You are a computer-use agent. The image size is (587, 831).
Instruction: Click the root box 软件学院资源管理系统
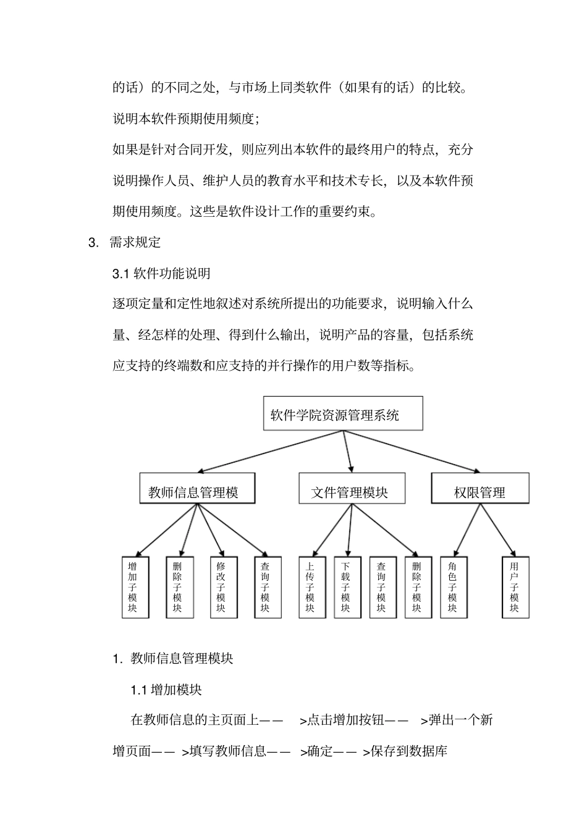(x=343, y=414)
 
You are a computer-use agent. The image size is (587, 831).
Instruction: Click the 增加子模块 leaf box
(x=132, y=587)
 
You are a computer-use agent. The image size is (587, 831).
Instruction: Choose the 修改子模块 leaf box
(x=221, y=587)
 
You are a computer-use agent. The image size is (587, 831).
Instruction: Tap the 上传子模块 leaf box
(x=310, y=587)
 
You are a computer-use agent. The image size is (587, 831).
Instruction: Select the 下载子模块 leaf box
(x=345, y=587)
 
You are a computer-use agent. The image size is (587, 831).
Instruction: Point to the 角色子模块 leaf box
(x=452, y=587)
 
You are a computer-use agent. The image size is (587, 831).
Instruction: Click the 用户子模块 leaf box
(x=514, y=587)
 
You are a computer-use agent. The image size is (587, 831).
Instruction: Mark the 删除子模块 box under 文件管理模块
(x=416, y=587)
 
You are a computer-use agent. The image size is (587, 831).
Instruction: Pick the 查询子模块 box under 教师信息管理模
(x=265, y=587)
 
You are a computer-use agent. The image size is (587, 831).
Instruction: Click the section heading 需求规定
(x=135, y=242)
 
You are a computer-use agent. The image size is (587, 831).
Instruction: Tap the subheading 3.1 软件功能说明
(x=161, y=273)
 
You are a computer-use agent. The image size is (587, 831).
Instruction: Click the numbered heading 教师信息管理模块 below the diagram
(x=182, y=659)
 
